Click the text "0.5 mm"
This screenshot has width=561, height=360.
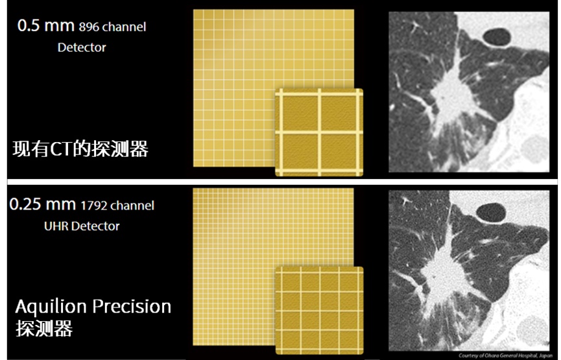[46, 26]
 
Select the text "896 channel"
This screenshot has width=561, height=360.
[112, 27]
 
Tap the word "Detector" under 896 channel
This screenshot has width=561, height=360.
[82, 47]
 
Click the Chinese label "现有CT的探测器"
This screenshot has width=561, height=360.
[80, 149]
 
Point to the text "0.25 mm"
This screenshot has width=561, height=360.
[43, 204]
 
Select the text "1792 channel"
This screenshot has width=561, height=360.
[117, 206]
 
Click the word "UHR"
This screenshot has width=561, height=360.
[56, 226]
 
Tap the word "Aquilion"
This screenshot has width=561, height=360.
[51, 307]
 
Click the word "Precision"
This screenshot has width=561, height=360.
[132, 306]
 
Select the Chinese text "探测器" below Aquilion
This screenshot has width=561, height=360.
[44, 328]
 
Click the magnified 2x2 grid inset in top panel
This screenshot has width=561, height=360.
[319, 132]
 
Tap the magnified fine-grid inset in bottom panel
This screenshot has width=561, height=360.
[319, 311]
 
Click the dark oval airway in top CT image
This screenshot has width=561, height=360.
[497, 37]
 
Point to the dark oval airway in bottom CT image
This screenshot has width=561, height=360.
[491, 213]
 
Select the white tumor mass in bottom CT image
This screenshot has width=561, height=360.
[440, 270]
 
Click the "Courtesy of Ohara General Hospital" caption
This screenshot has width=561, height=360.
[505, 355]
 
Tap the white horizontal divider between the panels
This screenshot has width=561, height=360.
[282, 182]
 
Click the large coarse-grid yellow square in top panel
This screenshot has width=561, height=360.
[250, 71]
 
